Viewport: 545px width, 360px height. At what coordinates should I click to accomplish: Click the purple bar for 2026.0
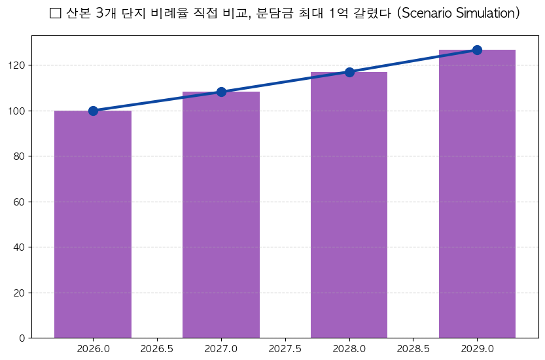(x=93, y=224)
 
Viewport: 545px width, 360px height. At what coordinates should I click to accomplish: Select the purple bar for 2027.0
(x=221, y=215)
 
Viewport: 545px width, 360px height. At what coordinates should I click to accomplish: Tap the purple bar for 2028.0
(x=349, y=205)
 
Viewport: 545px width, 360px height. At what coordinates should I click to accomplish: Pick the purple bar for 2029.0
(x=477, y=194)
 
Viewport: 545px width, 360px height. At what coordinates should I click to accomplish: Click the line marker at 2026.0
(x=93, y=111)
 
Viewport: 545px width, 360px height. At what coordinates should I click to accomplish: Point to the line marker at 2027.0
(x=221, y=92)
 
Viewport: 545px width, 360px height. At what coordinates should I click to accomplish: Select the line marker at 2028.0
(x=349, y=72)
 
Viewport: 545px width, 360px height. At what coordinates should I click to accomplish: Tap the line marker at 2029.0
(x=477, y=50)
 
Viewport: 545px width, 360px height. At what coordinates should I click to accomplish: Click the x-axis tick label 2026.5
(x=157, y=349)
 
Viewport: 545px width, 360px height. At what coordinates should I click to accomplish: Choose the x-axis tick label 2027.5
(x=285, y=349)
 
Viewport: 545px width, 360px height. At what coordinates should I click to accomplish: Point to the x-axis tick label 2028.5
(x=413, y=349)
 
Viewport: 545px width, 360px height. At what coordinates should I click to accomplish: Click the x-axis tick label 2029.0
(x=477, y=349)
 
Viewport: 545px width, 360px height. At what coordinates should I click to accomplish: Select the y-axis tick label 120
(x=17, y=65)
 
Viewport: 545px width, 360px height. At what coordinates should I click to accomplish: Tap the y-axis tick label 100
(x=17, y=111)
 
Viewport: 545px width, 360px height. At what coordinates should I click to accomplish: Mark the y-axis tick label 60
(x=20, y=202)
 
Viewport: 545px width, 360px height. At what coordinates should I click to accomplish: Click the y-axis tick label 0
(x=22, y=338)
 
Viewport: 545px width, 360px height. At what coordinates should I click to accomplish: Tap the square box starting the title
(x=55, y=13)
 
